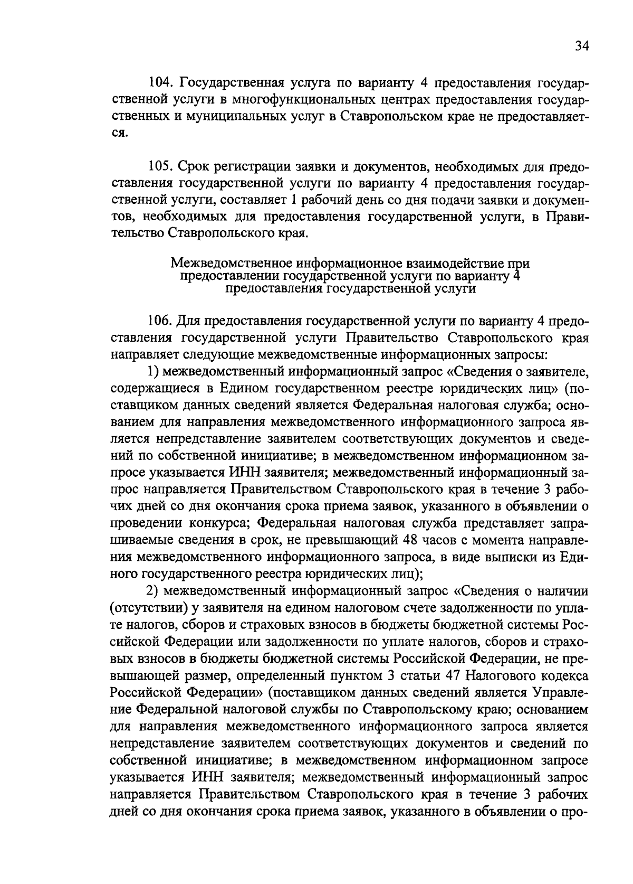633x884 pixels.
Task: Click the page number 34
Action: point(581,46)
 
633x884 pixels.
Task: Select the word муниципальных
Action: point(236,116)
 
